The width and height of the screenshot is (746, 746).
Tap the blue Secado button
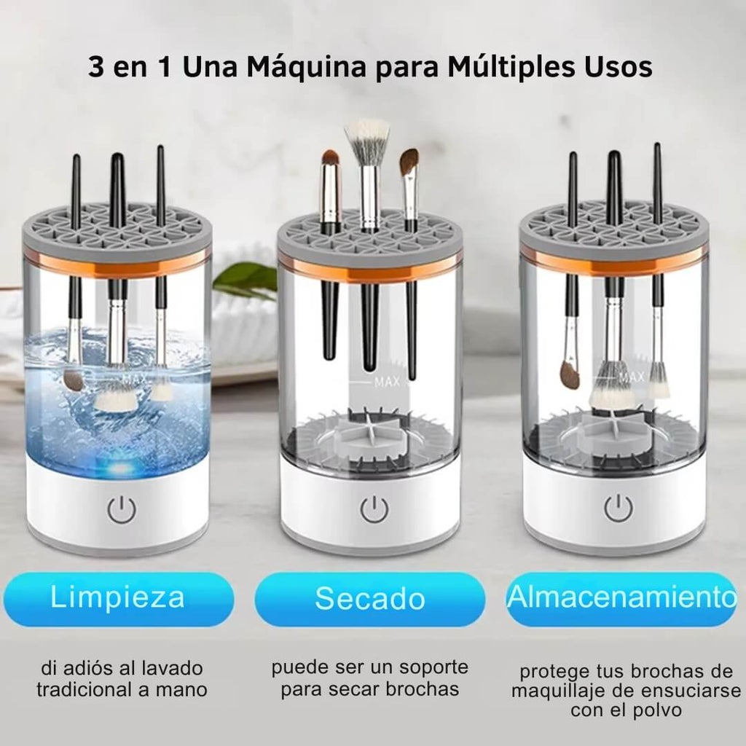click(369, 599)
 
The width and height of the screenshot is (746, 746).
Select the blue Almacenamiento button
click(621, 599)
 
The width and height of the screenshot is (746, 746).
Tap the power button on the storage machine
click(618, 508)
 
